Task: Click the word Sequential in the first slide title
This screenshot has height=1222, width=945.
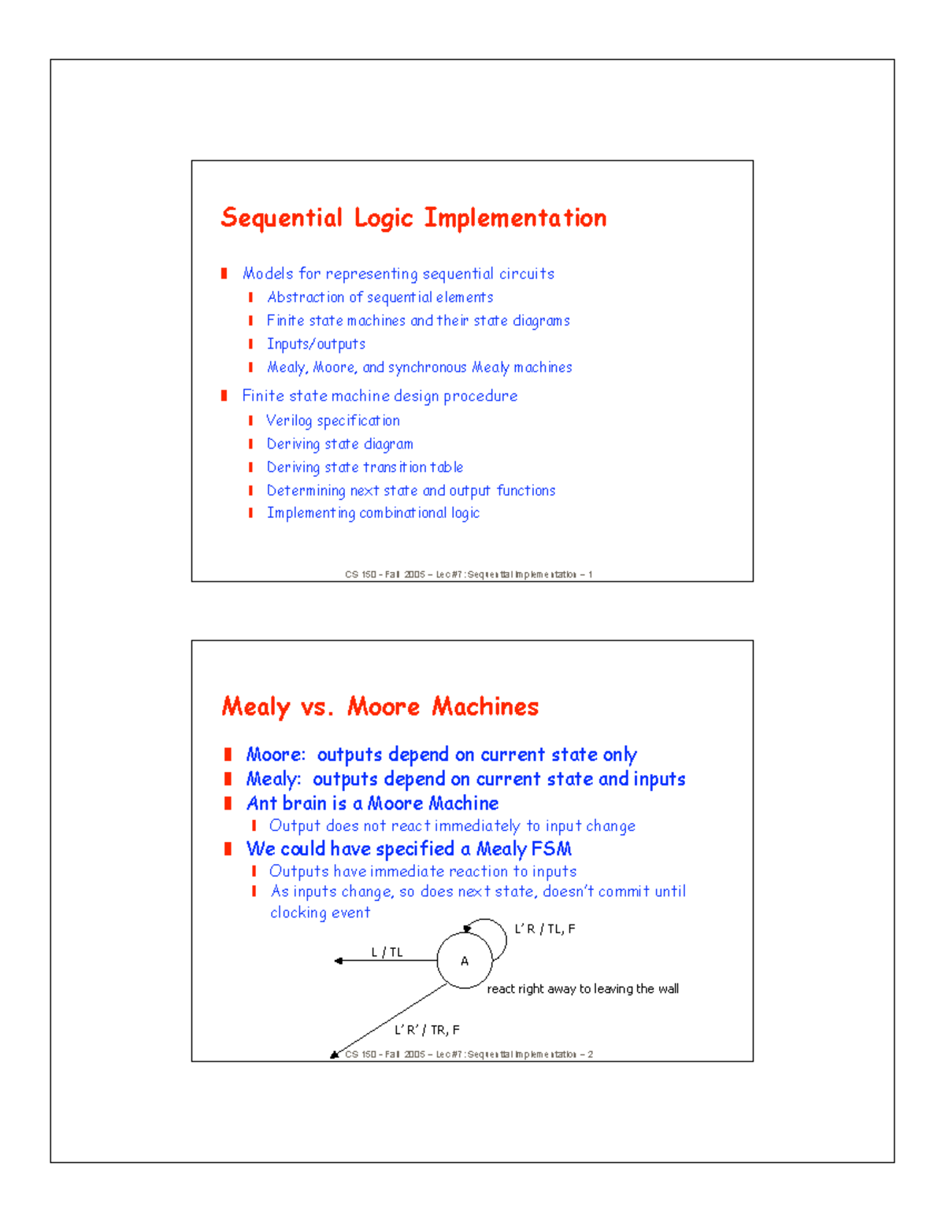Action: [x=281, y=218]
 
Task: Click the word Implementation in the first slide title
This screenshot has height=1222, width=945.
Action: [x=515, y=218]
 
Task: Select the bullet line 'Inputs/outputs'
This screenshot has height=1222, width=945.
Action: [x=316, y=344]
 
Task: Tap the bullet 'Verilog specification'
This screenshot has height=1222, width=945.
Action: [x=332, y=421]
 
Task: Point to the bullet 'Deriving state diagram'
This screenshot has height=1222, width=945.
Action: [x=339, y=445]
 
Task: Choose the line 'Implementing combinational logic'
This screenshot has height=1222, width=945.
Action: [x=372, y=513]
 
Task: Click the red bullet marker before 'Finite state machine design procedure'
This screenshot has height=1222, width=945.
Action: [x=224, y=396]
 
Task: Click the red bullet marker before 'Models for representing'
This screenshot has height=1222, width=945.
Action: [x=224, y=274]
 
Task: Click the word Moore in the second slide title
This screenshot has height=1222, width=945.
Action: [x=384, y=707]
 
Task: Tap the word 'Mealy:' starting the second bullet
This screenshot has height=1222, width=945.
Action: [x=273, y=779]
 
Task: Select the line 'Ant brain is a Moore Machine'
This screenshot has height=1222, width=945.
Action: [x=372, y=803]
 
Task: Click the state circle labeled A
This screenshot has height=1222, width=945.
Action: [x=465, y=961]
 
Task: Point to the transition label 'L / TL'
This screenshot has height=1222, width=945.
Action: [x=387, y=952]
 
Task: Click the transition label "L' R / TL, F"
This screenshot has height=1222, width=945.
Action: [x=545, y=929]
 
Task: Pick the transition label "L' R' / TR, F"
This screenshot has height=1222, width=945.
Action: [x=427, y=1030]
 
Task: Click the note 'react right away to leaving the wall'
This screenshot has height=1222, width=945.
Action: [x=582, y=989]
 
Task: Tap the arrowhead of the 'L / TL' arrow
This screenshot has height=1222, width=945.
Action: [x=338, y=961]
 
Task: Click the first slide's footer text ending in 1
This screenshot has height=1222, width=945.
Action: [x=468, y=574]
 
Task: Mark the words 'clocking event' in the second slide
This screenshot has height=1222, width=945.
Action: [x=320, y=913]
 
